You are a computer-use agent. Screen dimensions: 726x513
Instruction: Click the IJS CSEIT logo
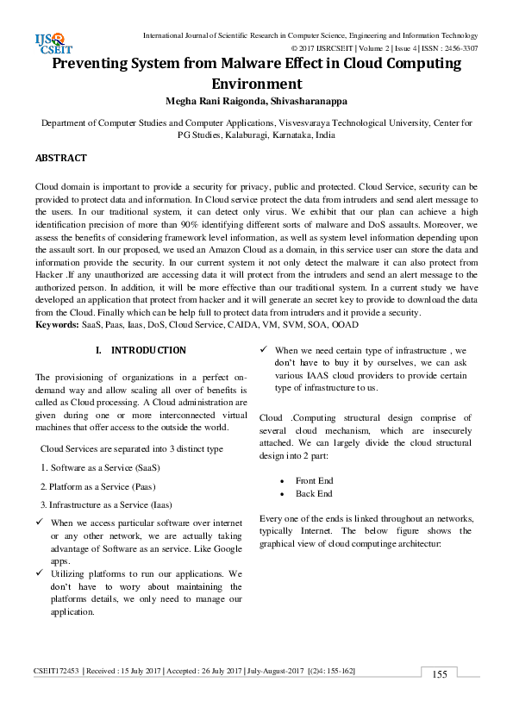[51, 42]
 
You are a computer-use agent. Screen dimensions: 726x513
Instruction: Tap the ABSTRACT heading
[60, 159]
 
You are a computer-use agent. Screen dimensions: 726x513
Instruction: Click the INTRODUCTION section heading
[147, 351]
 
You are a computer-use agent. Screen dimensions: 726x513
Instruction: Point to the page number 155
[440, 674]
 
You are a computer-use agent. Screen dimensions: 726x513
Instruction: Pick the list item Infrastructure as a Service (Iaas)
[106, 504]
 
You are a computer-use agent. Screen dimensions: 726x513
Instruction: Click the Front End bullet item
[314, 479]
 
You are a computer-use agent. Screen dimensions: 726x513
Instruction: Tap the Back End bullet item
[313, 493]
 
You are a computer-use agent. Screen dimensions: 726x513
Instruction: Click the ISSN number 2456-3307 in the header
[457, 48]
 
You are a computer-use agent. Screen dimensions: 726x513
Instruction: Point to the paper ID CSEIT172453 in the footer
[56, 671]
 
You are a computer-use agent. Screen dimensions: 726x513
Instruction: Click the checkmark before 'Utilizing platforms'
[40, 573]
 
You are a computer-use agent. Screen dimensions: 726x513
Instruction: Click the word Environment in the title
[256, 84]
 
